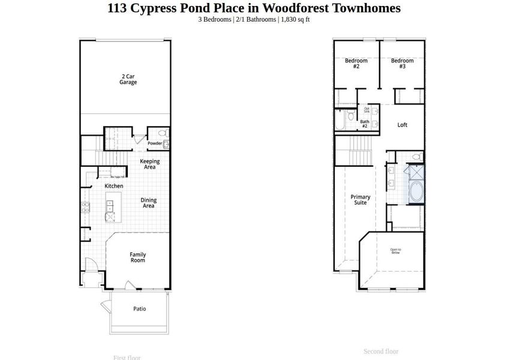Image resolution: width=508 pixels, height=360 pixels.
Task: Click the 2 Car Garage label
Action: (128, 79)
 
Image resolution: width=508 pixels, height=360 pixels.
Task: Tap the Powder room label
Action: (155, 143)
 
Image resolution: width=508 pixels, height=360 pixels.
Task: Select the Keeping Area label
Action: (149, 164)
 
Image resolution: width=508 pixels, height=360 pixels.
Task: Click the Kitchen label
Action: (114, 186)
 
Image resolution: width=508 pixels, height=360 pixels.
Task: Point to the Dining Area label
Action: (148, 203)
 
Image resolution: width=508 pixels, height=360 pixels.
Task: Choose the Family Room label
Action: (138, 257)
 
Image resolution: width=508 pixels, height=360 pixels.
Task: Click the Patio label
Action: (139, 309)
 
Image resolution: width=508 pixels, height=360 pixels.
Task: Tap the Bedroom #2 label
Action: (356, 63)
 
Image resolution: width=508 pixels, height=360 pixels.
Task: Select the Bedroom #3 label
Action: (402, 63)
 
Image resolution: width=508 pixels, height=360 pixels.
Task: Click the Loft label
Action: (402, 125)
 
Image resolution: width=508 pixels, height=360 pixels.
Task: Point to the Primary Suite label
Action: (360, 200)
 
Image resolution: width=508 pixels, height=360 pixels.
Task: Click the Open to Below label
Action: (396, 251)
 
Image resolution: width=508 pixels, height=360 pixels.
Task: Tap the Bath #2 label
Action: (364, 123)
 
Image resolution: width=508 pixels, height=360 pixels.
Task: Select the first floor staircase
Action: (112, 155)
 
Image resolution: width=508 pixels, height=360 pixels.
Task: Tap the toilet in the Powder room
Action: (162, 134)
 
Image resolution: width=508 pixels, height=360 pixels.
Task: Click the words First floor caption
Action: (127, 358)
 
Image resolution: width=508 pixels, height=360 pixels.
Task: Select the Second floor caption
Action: (381, 352)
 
